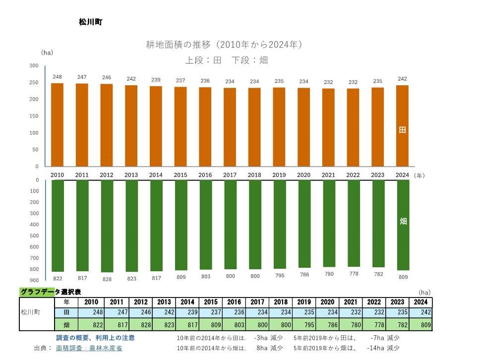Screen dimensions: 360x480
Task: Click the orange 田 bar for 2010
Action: pyautogui.click(x=58, y=124)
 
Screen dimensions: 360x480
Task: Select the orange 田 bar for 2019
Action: pyautogui.click(x=279, y=127)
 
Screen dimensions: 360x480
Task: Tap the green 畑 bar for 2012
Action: pyautogui.click(x=107, y=226)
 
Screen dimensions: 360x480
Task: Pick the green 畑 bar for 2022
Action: pyautogui.click(x=354, y=223)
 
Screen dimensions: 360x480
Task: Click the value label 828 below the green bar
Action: pyautogui.click(x=107, y=279)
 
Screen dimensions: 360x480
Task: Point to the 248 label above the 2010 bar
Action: pyautogui.click(x=58, y=77)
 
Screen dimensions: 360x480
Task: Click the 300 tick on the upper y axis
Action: pyautogui.click(x=34, y=66)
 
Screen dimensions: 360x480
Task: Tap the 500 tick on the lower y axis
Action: pyautogui.click(x=34, y=236)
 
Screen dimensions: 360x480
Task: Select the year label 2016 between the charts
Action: pyautogui.click(x=205, y=175)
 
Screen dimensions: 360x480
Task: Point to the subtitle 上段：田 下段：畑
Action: pyautogui.click(x=227, y=60)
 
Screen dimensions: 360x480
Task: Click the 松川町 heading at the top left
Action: pyautogui.click(x=90, y=22)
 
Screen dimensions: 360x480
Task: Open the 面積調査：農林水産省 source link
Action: pyautogui.click(x=89, y=348)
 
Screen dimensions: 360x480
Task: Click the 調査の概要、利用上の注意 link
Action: pyautogui.click(x=95, y=338)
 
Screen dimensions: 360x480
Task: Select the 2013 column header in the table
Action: pyautogui.click(x=164, y=302)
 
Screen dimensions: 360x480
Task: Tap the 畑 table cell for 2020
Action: pyautogui.click(x=328, y=325)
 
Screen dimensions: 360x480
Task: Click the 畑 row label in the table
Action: pyautogui.click(x=66, y=325)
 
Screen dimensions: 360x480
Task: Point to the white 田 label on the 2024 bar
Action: pyautogui.click(x=403, y=130)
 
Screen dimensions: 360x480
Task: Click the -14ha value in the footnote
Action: pyautogui.click(x=377, y=348)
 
